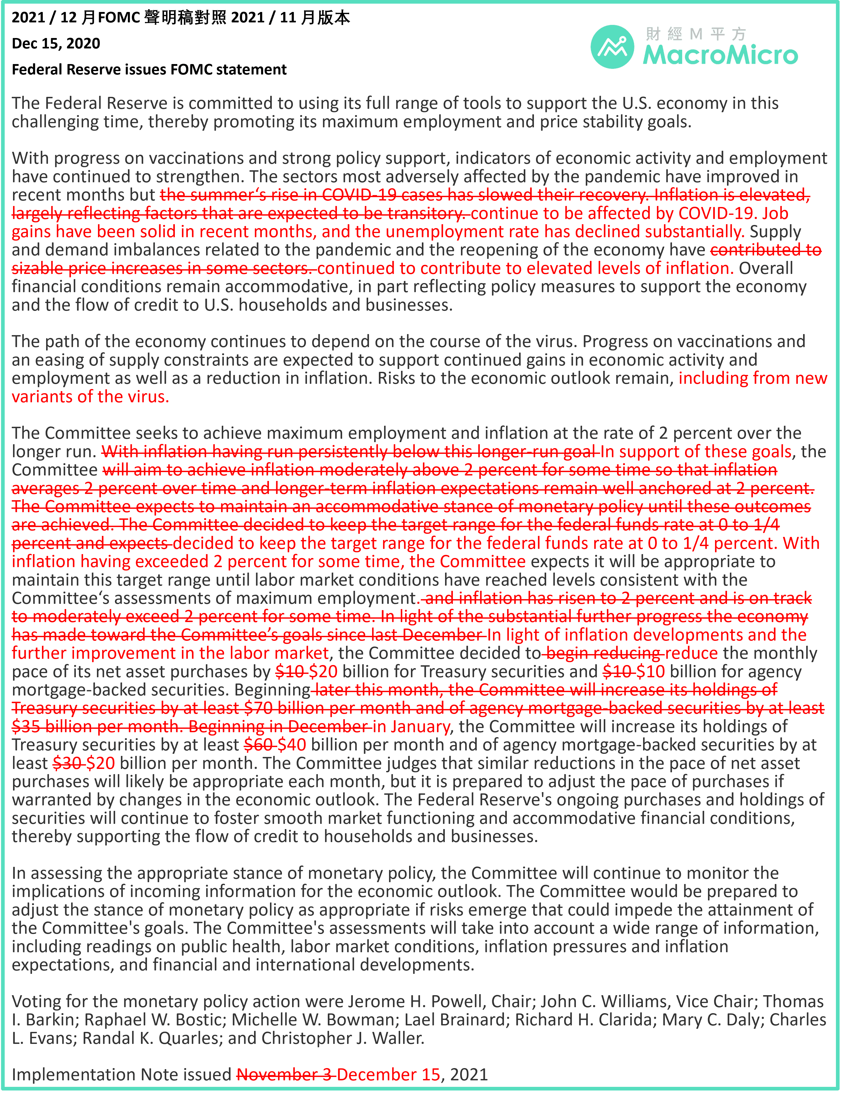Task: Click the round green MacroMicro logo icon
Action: pos(612,47)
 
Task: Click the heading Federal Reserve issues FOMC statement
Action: pos(149,69)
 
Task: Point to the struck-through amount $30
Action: pos(67,763)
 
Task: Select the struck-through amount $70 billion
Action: pos(284,708)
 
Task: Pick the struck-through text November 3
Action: pos(285,1074)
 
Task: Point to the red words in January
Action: pos(411,726)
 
